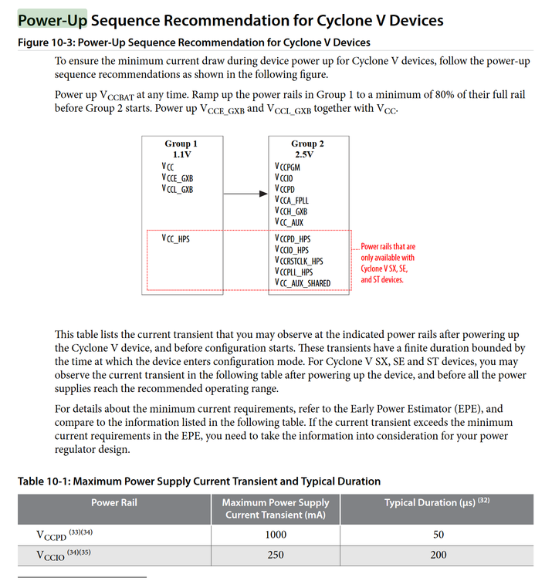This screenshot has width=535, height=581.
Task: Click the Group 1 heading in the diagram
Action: point(181,144)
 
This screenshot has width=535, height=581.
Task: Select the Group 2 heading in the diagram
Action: point(307,144)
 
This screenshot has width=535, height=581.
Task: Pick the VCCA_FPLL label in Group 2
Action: point(291,200)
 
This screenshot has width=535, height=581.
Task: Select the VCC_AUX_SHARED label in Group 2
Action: point(302,283)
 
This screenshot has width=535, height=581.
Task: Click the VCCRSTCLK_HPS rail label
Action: point(299,261)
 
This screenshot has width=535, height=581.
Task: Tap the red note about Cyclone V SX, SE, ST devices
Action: point(388,262)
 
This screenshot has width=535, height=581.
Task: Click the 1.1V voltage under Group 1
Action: point(181,154)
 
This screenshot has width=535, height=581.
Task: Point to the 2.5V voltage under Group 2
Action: point(307,154)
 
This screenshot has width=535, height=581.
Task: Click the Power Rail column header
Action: point(114,502)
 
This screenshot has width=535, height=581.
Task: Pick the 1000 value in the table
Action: point(275,535)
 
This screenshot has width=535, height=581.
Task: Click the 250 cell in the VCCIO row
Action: point(275,555)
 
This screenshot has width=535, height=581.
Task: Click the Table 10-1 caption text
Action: point(199,481)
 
